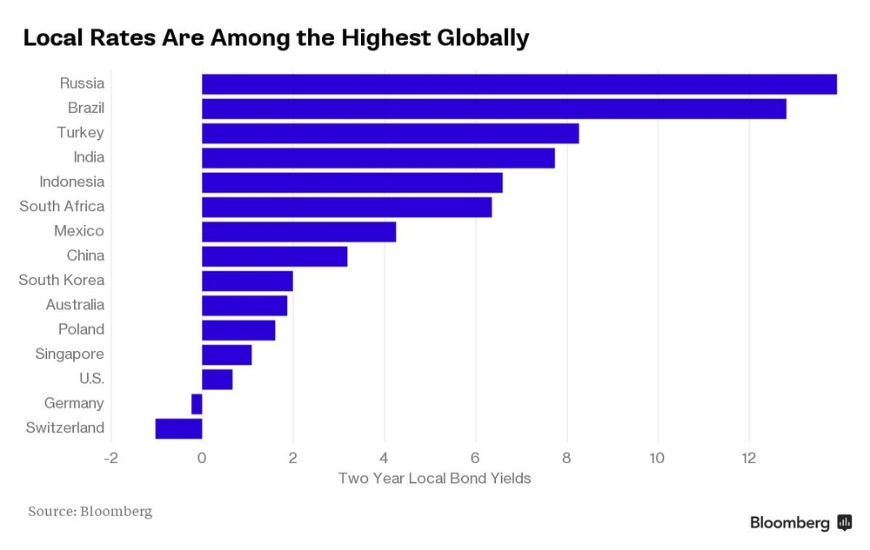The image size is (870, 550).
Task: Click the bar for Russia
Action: tap(519, 84)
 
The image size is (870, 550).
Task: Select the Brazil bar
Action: tap(493, 109)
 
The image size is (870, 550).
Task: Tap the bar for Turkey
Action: tap(390, 133)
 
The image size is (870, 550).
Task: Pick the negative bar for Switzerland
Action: tap(178, 428)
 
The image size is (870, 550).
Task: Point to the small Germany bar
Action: tap(197, 404)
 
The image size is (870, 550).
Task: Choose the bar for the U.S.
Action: tap(217, 380)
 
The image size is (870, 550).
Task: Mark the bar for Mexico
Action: tap(298, 232)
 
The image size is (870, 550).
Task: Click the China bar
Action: tap(274, 256)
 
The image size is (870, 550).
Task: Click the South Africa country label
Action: tap(62, 207)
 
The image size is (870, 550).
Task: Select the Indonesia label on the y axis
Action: tap(71, 182)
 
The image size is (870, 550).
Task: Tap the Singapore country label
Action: tap(70, 355)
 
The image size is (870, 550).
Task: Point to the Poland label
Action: tap(81, 330)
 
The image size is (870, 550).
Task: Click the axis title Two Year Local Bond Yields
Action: tap(434, 479)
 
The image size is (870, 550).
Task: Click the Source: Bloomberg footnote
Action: tap(90, 511)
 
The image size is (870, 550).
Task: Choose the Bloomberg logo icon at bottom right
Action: tap(844, 522)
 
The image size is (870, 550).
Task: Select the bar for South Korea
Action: tap(247, 281)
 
